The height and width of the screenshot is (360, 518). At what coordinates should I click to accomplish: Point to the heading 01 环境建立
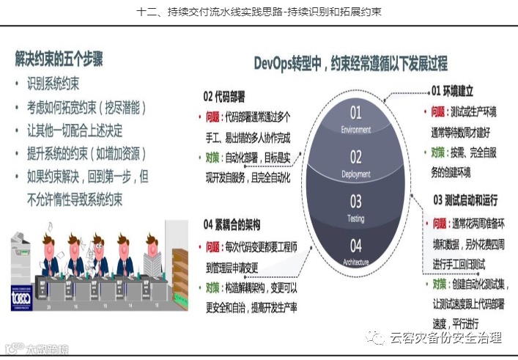(452, 92)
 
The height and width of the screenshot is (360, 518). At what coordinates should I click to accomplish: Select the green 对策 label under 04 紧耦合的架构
(213, 287)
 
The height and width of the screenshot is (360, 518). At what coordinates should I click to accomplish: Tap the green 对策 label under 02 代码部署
(213, 157)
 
